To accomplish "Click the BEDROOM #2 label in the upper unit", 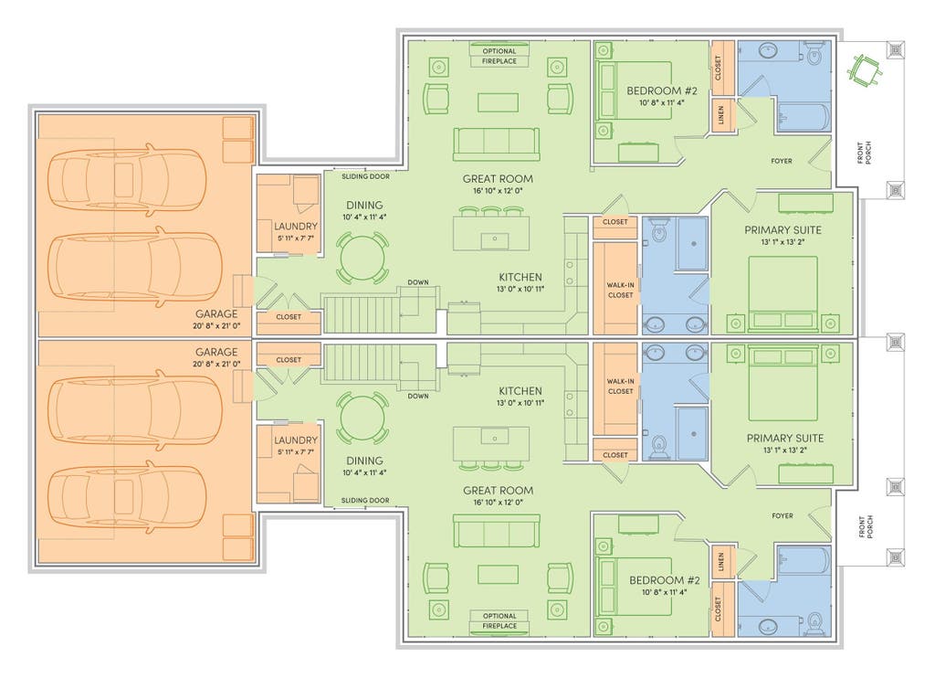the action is point(662,90).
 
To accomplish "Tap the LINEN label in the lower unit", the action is point(720,562).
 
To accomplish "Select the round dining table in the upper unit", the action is point(362,258).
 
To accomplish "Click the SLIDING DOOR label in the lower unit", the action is point(365,500).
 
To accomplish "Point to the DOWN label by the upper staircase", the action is point(418,282).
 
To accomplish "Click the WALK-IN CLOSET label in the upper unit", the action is point(620,290).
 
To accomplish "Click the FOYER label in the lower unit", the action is point(783,515).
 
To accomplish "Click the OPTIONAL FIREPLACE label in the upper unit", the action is point(499,56).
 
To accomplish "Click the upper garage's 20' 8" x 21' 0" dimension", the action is point(217,326).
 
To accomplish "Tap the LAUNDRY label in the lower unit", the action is point(296,440).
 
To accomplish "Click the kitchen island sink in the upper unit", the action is point(494,239).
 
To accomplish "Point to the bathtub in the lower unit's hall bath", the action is point(804,562).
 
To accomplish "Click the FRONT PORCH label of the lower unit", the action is point(865,527).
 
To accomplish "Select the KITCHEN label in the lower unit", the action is point(520,391).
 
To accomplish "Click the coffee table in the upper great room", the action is point(498,102).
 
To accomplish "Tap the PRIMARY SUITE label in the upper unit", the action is point(783,229).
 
